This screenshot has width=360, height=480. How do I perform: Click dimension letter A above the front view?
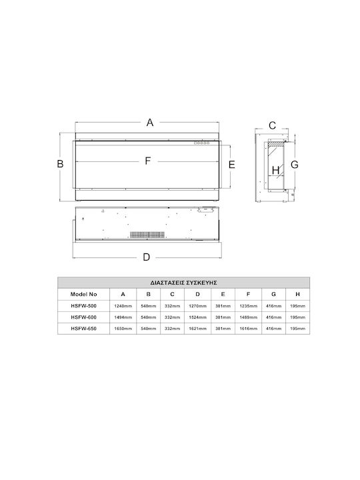click(x=150, y=123)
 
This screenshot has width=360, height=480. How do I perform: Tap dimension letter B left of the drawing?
click(x=60, y=164)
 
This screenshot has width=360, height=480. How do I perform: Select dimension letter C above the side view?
click(x=272, y=125)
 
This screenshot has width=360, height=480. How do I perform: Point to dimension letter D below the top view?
click(x=146, y=257)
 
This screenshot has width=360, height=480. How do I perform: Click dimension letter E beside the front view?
click(x=232, y=165)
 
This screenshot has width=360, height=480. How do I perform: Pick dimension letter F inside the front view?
click(x=148, y=161)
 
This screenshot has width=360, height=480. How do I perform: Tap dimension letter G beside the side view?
click(x=295, y=165)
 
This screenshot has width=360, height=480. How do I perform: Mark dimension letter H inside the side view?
click(x=275, y=170)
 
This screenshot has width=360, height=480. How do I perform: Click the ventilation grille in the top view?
click(x=147, y=235)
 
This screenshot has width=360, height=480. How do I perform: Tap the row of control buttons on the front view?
click(x=201, y=143)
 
